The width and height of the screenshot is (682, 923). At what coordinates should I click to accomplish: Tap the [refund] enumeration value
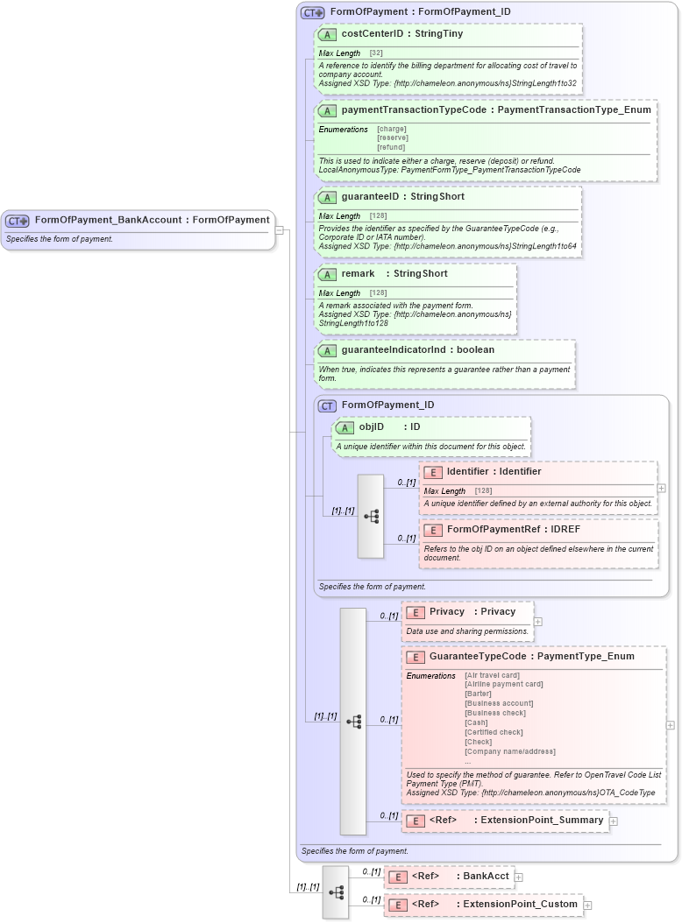[391, 147]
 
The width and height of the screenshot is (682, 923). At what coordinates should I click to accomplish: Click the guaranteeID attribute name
[370, 197]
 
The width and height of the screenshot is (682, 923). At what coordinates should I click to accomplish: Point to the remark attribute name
[358, 274]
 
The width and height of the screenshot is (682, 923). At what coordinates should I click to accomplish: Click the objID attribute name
[372, 427]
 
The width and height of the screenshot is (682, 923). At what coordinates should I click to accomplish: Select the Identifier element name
[469, 472]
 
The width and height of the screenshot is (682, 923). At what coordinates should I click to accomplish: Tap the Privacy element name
[446, 611]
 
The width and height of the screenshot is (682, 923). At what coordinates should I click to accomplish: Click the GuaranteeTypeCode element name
[478, 656]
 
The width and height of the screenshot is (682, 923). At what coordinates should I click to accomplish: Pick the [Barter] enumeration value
[478, 694]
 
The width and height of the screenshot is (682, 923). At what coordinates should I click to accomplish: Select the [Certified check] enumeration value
[494, 732]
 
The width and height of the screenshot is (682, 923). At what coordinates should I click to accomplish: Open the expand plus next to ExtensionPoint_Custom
[588, 905]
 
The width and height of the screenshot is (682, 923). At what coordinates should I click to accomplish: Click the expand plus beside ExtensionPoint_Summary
[614, 821]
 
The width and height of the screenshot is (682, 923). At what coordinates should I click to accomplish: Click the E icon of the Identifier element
[433, 472]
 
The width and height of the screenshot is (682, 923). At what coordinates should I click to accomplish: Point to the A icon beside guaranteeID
[327, 197]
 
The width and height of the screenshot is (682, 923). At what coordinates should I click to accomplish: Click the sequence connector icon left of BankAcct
[336, 891]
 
